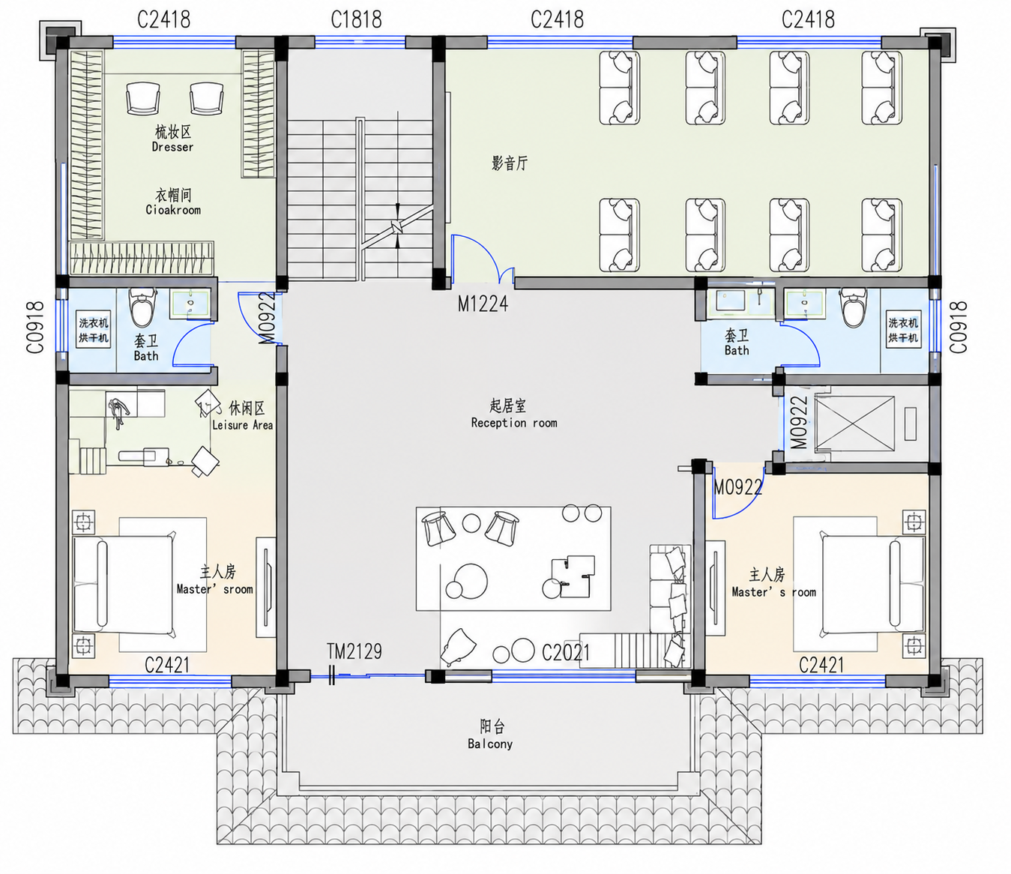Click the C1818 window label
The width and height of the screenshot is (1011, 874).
[x=356, y=20]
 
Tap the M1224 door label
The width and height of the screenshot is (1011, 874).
[x=483, y=304]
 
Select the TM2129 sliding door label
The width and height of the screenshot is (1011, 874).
[x=354, y=651]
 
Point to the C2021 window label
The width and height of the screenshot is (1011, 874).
[x=566, y=652]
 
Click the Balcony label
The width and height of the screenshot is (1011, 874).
[x=490, y=744]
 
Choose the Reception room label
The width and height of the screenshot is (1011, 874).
[x=514, y=423]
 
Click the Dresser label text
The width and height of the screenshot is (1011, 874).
[x=172, y=147]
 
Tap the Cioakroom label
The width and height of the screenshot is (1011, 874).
[x=173, y=210]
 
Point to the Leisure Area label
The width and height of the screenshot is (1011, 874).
[x=243, y=425]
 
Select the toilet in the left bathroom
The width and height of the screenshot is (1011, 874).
[x=143, y=307]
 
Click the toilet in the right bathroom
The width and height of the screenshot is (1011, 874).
[x=853, y=307]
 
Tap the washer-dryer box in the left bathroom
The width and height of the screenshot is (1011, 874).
[x=94, y=330]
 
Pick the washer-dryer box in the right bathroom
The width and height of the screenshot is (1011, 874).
[x=903, y=330]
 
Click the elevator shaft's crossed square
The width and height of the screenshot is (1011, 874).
[x=854, y=423]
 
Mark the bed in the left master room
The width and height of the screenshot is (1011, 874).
[x=124, y=585]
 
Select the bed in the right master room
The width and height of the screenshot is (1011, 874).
[x=874, y=585]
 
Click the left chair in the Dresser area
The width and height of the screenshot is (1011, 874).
[x=143, y=98]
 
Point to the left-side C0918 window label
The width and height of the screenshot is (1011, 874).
[x=35, y=328]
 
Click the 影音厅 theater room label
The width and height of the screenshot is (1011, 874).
[x=510, y=163]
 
